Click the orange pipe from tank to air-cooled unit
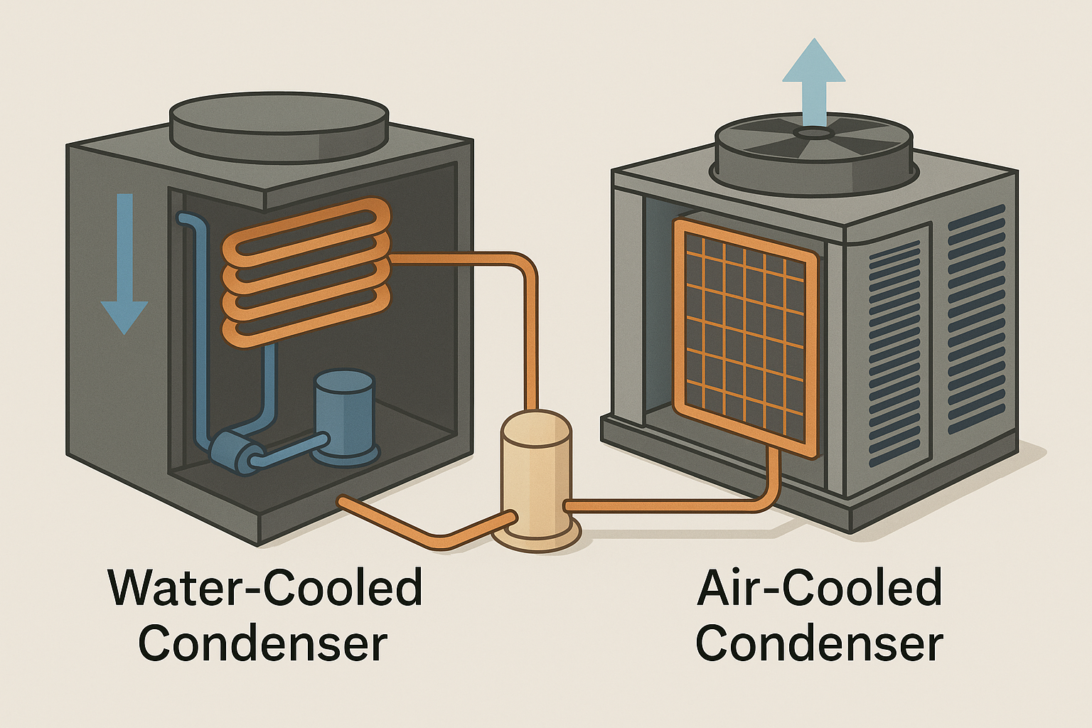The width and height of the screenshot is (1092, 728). coord(675,505)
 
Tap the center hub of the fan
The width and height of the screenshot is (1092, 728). coord(813,133)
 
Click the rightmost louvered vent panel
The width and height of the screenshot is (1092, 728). coord(978,320)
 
